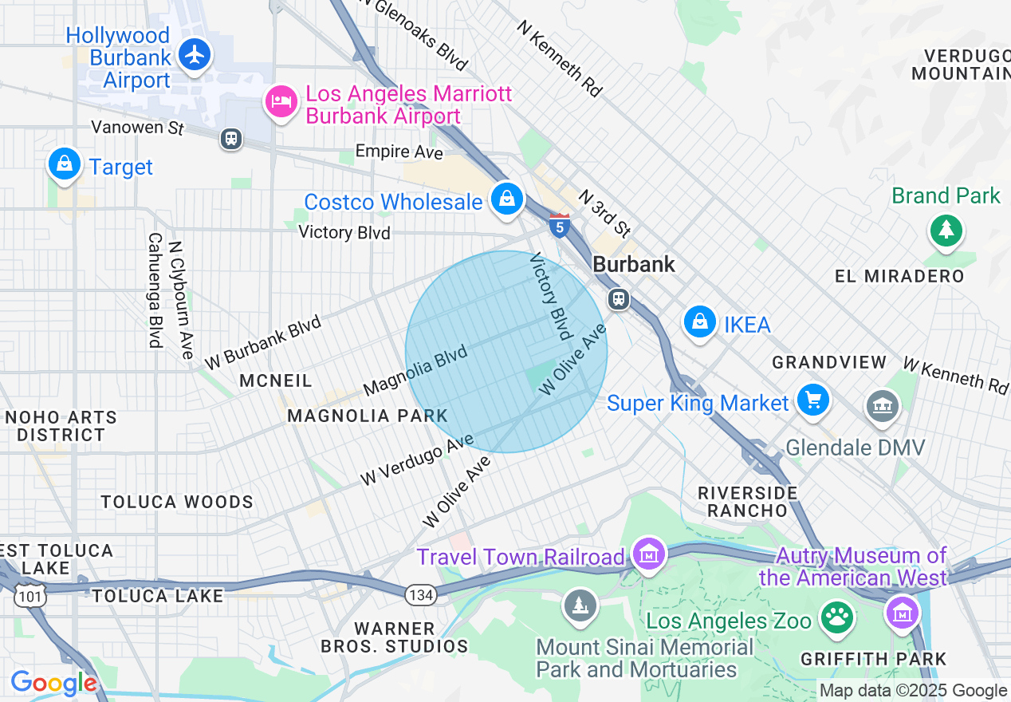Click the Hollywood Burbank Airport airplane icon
[194, 55]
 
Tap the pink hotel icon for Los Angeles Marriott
[281, 102]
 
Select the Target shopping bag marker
[65, 164]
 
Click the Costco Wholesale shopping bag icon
[507, 199]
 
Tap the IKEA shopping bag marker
[699, 321]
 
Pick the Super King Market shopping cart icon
[812, 399]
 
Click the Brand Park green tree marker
[946, 231]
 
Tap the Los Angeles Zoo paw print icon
[836, 617]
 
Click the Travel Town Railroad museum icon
[647, 552]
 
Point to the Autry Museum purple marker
[903, 613]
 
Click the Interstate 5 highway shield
[560, 227]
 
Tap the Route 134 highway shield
[419, 594]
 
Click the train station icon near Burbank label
[618, 300]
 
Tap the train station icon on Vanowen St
[231, 139]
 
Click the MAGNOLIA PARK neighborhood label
[368, 416]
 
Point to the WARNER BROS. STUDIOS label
[395, 637]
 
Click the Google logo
[53, 683]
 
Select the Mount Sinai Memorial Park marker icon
[580, 604]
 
